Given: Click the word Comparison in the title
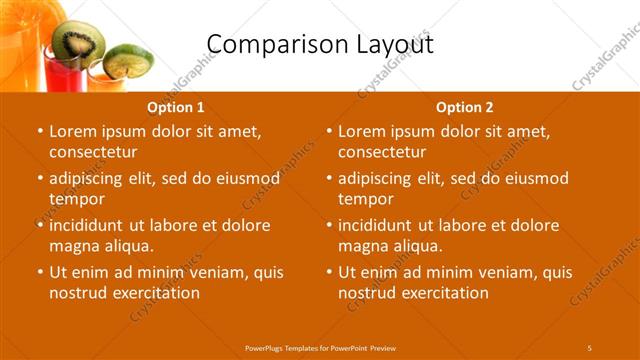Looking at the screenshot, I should (264, 44).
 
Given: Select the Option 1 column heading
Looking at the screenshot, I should (176, 107).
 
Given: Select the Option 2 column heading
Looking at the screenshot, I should (465, 107).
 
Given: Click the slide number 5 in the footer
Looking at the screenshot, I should (589, 347).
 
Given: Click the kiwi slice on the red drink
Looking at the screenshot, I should (79, 40).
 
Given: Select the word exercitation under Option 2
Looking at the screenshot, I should (440, 293).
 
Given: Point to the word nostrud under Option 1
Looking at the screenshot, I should (77, 293).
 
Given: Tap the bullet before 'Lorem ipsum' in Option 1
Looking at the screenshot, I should (40, 132).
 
